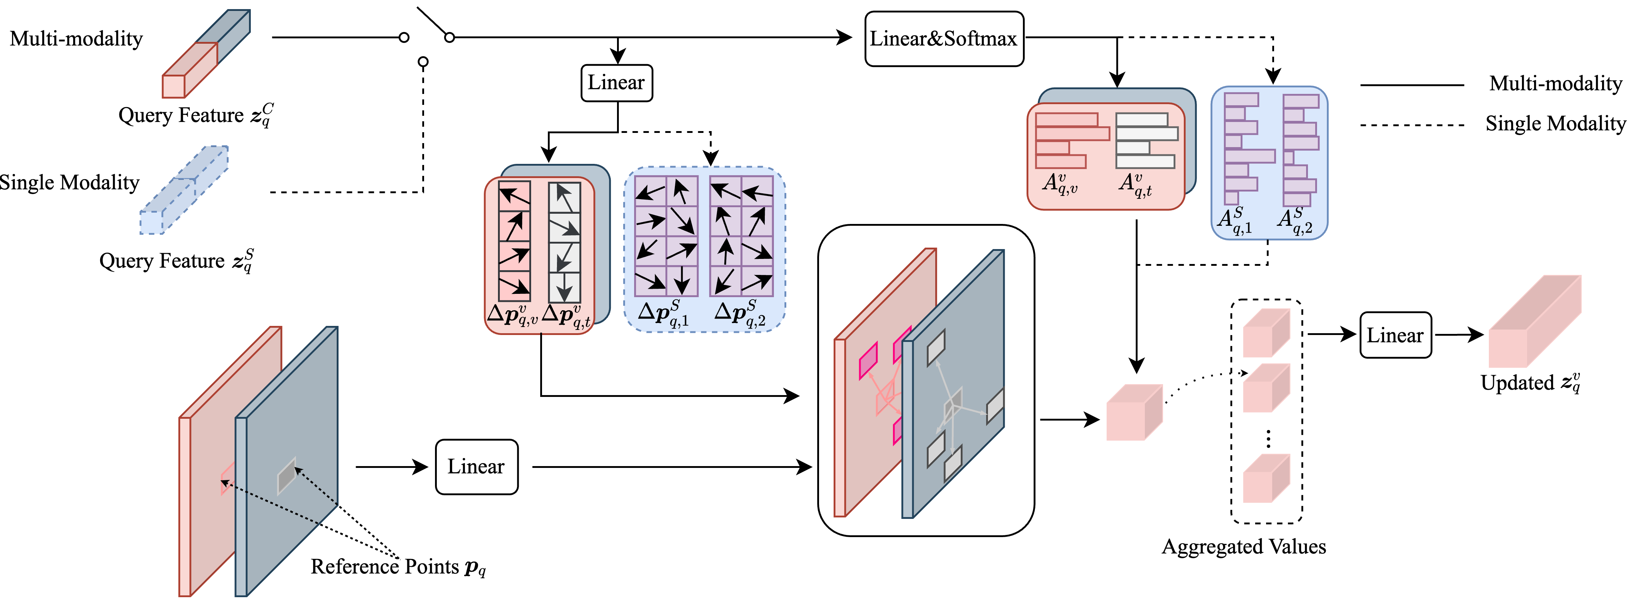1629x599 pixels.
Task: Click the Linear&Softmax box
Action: click(944, 39)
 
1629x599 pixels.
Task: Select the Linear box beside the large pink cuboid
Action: click(1395, 335)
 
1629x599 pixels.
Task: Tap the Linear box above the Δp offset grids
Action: click(616, 82)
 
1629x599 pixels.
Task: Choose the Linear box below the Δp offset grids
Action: click(476, 467)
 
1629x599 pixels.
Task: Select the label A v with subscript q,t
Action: click(1135, 185)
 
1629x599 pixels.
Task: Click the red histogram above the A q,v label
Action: click(1069, 141)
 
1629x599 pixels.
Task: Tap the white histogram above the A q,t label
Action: click(1146, 141)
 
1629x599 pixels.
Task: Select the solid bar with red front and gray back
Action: click(206, 54)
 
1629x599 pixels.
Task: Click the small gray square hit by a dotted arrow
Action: click(286, 476)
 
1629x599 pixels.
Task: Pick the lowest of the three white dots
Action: click(423, 61)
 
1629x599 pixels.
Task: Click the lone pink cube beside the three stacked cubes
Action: click(1134, 413)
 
